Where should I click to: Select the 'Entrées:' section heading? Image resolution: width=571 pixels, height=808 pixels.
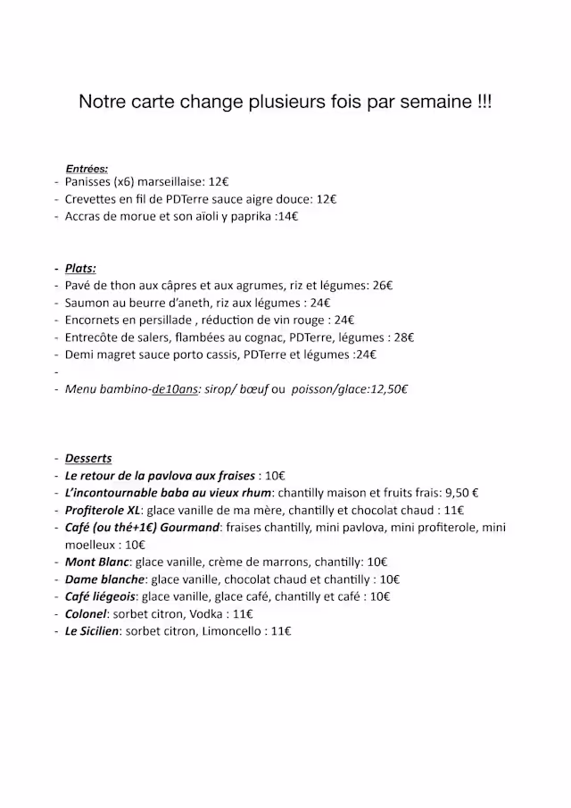87,169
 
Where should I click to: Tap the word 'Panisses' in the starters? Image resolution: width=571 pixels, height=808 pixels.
87,182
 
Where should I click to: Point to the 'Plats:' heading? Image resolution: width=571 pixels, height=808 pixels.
80,269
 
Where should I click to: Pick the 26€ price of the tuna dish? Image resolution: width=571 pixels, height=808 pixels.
383,286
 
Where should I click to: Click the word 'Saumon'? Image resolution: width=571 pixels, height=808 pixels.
87,303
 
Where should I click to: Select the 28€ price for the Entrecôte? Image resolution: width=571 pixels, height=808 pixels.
404,337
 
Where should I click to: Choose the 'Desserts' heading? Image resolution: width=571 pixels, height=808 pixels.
88,459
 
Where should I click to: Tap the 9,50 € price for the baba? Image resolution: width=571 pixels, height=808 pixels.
461,493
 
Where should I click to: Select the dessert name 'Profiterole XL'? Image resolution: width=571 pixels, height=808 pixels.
103,510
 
